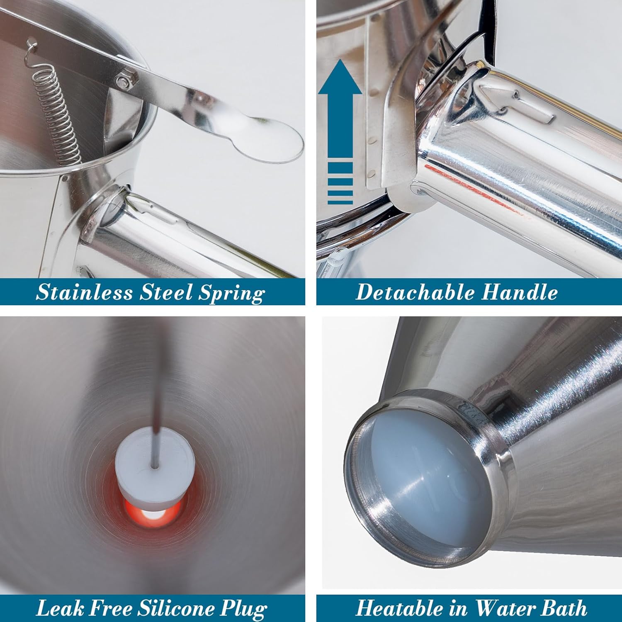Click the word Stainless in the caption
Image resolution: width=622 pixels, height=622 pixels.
[84, 292]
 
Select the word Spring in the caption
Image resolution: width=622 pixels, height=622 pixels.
[231, 294]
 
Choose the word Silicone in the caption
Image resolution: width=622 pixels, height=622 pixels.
[177, 608]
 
